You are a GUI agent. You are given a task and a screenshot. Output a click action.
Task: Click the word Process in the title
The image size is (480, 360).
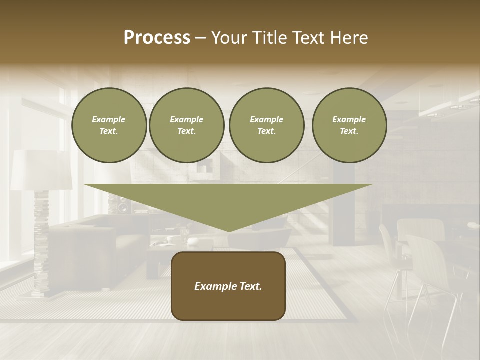click(157, 38)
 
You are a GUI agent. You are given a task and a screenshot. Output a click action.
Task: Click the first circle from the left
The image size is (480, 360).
click(109, 125)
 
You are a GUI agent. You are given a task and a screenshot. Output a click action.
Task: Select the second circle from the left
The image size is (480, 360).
click(187, 125)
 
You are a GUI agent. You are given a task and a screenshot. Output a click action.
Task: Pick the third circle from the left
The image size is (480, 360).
click(267, 125)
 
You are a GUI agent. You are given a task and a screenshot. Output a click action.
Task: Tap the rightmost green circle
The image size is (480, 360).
click(349, 125)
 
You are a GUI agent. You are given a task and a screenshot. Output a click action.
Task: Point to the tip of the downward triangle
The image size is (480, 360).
click(229, 230)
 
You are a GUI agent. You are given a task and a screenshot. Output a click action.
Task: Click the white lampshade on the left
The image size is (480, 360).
click(41, 170)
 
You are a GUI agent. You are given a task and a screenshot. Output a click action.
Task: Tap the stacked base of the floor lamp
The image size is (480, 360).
click(41, 245)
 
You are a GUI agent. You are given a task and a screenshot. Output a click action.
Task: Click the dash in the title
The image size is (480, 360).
click(201, 38)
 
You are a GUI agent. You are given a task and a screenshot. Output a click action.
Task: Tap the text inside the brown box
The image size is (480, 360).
click(228, 286)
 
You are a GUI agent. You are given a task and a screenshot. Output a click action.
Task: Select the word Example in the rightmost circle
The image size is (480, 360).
click(349, 119)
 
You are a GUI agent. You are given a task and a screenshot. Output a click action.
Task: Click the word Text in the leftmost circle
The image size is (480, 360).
click(108, 131)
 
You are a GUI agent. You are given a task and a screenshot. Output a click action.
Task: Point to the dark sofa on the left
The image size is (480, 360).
click(95, 245)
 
